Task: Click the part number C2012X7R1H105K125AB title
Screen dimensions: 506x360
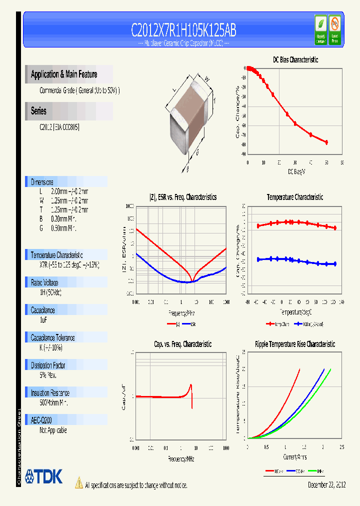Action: click(x=183, y=30)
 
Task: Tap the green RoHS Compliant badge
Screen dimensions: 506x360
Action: click(x=320, y=30)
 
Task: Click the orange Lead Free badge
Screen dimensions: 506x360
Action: click(x=334, y=30)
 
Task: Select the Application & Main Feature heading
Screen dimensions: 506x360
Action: click(x=64, y=74)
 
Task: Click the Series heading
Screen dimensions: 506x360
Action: click(x=39, y=111)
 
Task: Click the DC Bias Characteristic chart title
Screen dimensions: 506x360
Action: click(x=295, y=59)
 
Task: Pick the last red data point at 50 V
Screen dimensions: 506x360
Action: click(x=326, y=142)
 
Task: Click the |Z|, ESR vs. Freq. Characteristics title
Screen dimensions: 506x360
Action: click(x=183, y=197)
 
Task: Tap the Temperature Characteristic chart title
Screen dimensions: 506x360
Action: click(x=295, y=197)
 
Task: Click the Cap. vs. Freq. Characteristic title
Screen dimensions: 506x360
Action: click(x=182, y=344)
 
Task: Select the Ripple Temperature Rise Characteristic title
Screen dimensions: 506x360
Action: click(x=295, y=344)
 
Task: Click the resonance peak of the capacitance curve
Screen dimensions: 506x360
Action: click(x=190, y=385)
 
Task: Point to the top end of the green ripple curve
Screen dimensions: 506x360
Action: click(x=330, y=369)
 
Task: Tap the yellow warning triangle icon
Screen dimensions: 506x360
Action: click(x=78, y=483)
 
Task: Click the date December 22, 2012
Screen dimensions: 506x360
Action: click(x=325, y=484)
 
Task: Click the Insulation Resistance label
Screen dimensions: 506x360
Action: click(x=50, y=392)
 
